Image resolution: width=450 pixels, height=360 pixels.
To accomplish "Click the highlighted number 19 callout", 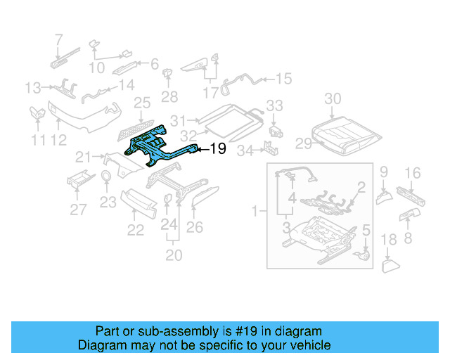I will [x=218, y=148].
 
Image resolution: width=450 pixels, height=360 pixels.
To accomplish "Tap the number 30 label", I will [x=333, y=98].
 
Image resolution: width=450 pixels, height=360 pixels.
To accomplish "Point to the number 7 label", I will [x=58, y=39].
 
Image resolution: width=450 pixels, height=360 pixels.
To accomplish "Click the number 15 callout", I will [x=283, y=79].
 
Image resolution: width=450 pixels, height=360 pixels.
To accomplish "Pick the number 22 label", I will [x=135, y=230].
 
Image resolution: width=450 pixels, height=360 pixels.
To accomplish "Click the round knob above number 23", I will [x=105, y=176].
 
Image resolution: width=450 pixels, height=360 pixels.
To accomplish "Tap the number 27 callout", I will [x=78, y=209].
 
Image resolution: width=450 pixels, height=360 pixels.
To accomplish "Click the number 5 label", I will [x=365, y=230].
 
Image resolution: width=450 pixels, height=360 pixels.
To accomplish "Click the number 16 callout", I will [x=413, y=172].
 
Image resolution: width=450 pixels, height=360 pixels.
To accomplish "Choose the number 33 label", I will [x=274, y=105].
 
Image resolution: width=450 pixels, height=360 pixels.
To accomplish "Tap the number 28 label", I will [x=169, y=96].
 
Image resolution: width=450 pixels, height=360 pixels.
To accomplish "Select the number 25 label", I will [x=143, y=103].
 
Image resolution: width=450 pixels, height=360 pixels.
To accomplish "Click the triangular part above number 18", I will [x=390, y=265].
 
